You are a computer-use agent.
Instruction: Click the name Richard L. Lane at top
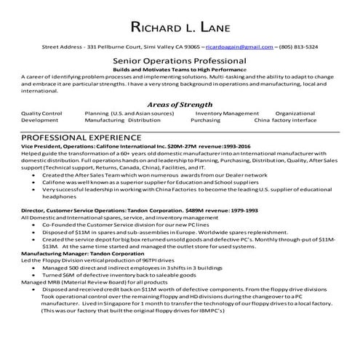pos(180,28)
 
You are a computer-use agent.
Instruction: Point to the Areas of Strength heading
pos(180,104)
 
